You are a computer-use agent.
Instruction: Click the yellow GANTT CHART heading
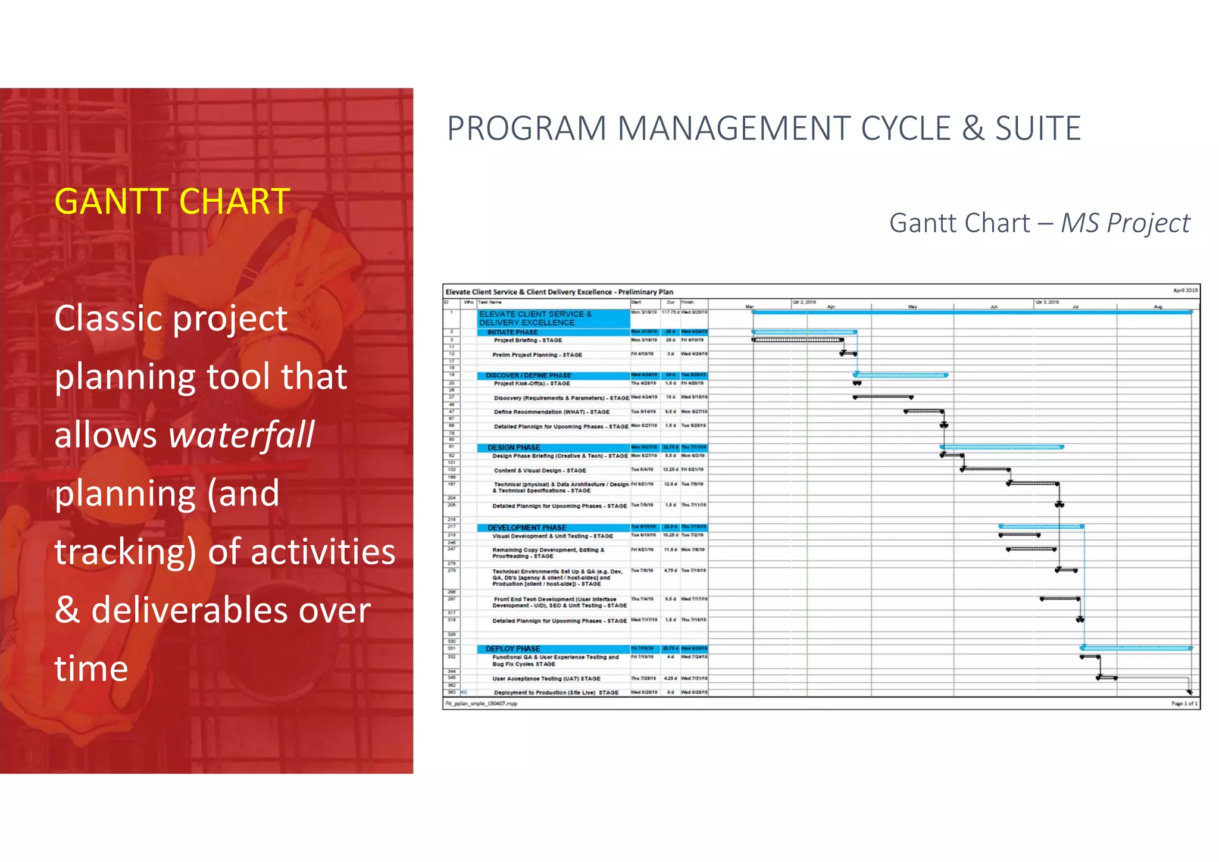coord(172,202)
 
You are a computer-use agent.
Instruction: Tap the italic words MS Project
coord(1125,223)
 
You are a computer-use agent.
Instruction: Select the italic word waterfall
coord(242,435)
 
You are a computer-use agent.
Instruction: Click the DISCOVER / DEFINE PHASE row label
coord(528,376)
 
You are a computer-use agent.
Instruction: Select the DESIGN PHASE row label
coord(514,447)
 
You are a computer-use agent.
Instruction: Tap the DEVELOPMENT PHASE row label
coord(526,527)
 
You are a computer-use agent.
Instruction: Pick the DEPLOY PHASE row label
coord(512,648)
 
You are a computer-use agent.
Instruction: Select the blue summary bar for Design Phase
coord(1002,446)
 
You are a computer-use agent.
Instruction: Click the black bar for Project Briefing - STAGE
coord(798,340)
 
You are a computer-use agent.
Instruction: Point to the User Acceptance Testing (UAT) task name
coord(546,679)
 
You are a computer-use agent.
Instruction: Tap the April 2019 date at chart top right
coord(1184,291)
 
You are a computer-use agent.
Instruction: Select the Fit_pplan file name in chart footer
coord(481,704)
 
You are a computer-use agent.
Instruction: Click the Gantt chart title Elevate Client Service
coord(559,292)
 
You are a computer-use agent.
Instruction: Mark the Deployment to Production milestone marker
coord(1189,692)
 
